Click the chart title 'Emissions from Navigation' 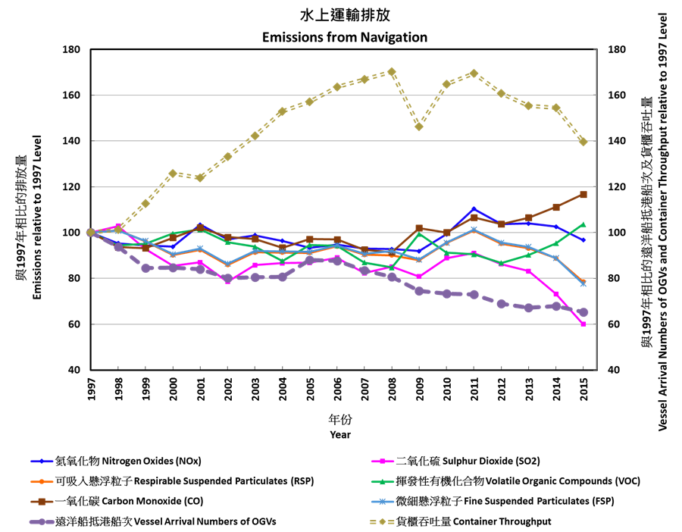click(345, 37)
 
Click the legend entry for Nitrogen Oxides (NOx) click(129, 461)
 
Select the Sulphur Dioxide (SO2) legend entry click(468, 461)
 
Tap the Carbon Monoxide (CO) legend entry click(129, 501)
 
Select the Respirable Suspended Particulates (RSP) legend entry click(182, 480)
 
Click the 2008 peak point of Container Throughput click(392, 72)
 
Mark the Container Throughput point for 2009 click(419, 126)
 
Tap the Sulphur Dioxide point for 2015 click(583, 324)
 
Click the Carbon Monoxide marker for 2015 click(583, 195)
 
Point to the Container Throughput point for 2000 click(173, 174)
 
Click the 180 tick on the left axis click(73, 50)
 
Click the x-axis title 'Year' click(340, 435)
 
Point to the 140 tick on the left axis click(73, 141)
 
